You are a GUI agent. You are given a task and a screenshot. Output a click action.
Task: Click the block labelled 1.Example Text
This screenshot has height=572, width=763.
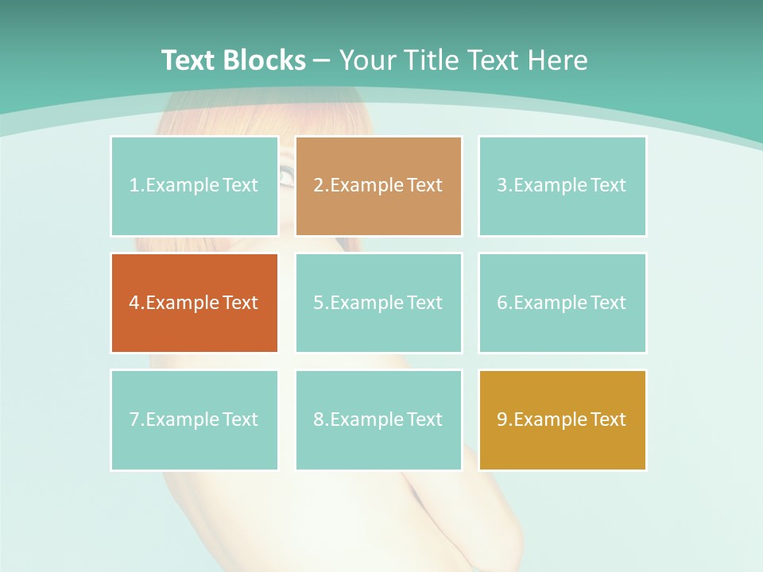[x=194, y=186]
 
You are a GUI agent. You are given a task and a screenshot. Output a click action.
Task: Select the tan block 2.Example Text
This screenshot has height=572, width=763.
[x=378, y=186]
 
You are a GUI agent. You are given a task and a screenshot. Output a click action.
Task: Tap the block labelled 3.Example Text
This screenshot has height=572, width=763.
[x=562, y=186]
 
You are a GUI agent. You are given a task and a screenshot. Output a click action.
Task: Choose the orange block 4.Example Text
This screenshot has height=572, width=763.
[x=194, y=303]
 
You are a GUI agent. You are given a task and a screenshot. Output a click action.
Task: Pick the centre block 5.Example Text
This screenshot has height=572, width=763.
[x=378, y=303]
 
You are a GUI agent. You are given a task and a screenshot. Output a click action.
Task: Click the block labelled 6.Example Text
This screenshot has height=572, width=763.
[x=562, y=303]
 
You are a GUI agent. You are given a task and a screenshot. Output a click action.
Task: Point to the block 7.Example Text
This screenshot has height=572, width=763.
[x=194, y=419]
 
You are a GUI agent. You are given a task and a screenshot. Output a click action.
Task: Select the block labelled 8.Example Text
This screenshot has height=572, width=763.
[x=378, y=419]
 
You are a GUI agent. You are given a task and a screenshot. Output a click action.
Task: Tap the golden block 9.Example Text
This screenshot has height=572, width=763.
[x=562, y=419]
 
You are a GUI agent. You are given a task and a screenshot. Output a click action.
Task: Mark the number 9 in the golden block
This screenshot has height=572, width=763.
[x=502, y=419]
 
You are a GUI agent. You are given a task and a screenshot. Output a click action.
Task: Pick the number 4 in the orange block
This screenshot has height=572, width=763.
[x=134, y=303]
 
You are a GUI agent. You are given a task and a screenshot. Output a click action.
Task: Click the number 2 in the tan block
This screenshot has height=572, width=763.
[x=318, y=186]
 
